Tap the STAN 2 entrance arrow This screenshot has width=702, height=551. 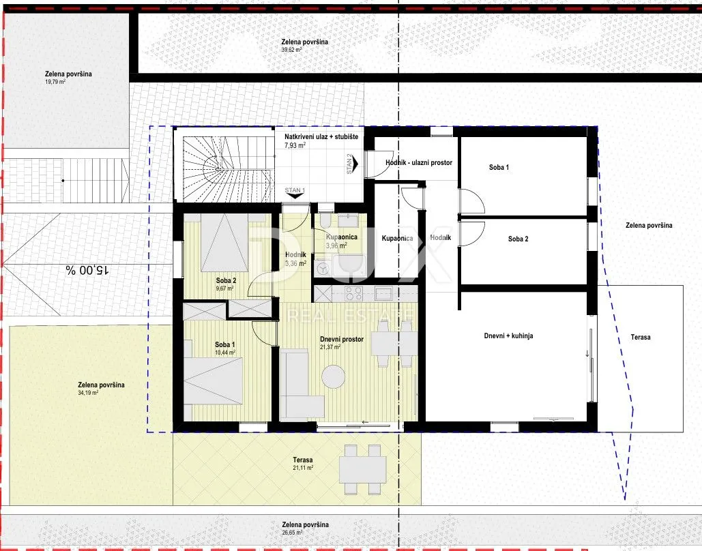(x=355, y=164)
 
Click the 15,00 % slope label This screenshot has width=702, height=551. (x=88, y=270)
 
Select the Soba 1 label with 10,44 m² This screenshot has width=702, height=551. (x=224, y=348)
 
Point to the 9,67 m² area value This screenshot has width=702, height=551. (x=224, y=288)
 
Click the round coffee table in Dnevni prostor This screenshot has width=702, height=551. (x=334, y=376)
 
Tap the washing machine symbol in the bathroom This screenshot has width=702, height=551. (x=322, y=269)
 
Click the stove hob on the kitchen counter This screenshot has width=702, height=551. (x=353, y=294)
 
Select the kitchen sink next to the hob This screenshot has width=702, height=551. (x=383, y=294)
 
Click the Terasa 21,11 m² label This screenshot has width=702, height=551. (x=303, y=463)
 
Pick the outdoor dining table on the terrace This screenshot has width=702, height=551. (x=363, y=470)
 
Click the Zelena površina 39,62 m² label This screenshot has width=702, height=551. (x=304, y=45)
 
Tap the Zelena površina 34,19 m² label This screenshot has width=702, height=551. (x=101, y=389)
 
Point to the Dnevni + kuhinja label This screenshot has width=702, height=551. (x=509, y=336)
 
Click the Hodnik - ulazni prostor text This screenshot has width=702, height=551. (x=419, y=163)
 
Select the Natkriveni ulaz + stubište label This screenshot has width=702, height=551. (x=321, y=140)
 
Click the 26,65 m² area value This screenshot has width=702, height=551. (x=293, y=533)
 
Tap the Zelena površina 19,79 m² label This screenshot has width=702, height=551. (x=68, y=78)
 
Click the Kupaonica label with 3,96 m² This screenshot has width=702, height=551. (x=342, y=241)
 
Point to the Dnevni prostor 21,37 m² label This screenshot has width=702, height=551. (x=342, y=343)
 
